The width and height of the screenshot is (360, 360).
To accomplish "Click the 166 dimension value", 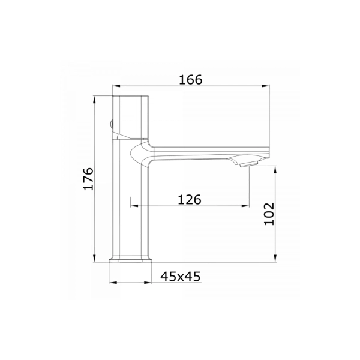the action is (191, 80).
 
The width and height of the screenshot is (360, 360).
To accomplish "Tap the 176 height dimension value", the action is (89, 179).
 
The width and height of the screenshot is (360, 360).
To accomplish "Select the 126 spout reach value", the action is (190, 200).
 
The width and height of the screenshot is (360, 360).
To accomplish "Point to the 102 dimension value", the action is (269, 214).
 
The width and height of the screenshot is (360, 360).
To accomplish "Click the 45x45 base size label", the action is (181, 277).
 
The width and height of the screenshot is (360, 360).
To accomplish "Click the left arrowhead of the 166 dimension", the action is (116, 86).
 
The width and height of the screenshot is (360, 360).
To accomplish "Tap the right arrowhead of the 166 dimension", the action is (266, 86).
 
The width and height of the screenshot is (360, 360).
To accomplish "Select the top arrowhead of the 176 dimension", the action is (94, 100).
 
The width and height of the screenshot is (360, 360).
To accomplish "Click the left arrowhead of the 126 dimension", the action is (134, 206).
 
